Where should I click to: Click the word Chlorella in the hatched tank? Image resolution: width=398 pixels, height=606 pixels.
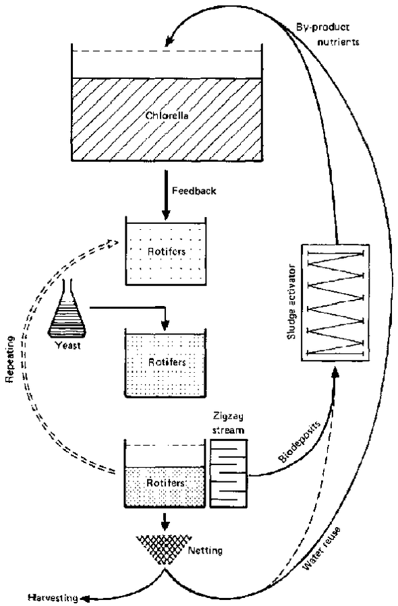point(167,115)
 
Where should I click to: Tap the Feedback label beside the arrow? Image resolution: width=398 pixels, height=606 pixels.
point(194,191)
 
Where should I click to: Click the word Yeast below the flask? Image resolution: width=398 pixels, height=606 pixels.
point(67,345)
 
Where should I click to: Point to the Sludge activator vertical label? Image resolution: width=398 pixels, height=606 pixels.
point(291,302)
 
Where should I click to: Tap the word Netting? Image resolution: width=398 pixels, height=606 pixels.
point(205,550)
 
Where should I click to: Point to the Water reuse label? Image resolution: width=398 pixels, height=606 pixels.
point(322,548)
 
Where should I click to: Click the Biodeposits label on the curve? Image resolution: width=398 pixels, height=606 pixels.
point(300,442)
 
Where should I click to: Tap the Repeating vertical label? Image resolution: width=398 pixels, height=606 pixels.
point(9,359)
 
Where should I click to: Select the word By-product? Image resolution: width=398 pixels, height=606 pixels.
point(322,28)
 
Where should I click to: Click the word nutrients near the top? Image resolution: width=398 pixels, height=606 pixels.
point(338,41)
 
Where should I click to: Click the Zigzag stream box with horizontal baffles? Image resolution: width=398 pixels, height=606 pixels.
point(229,473)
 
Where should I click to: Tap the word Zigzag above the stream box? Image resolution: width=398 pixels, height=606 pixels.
point(228,417)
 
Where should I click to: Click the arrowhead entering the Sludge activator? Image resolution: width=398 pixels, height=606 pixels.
point(335,371)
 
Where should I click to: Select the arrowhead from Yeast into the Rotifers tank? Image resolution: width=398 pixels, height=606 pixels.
point(165,326)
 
